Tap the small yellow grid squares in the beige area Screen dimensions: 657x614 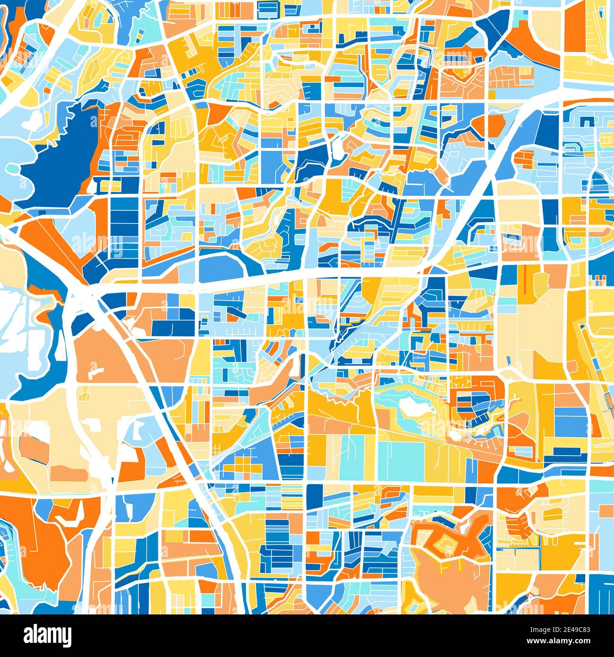coord(85,392)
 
